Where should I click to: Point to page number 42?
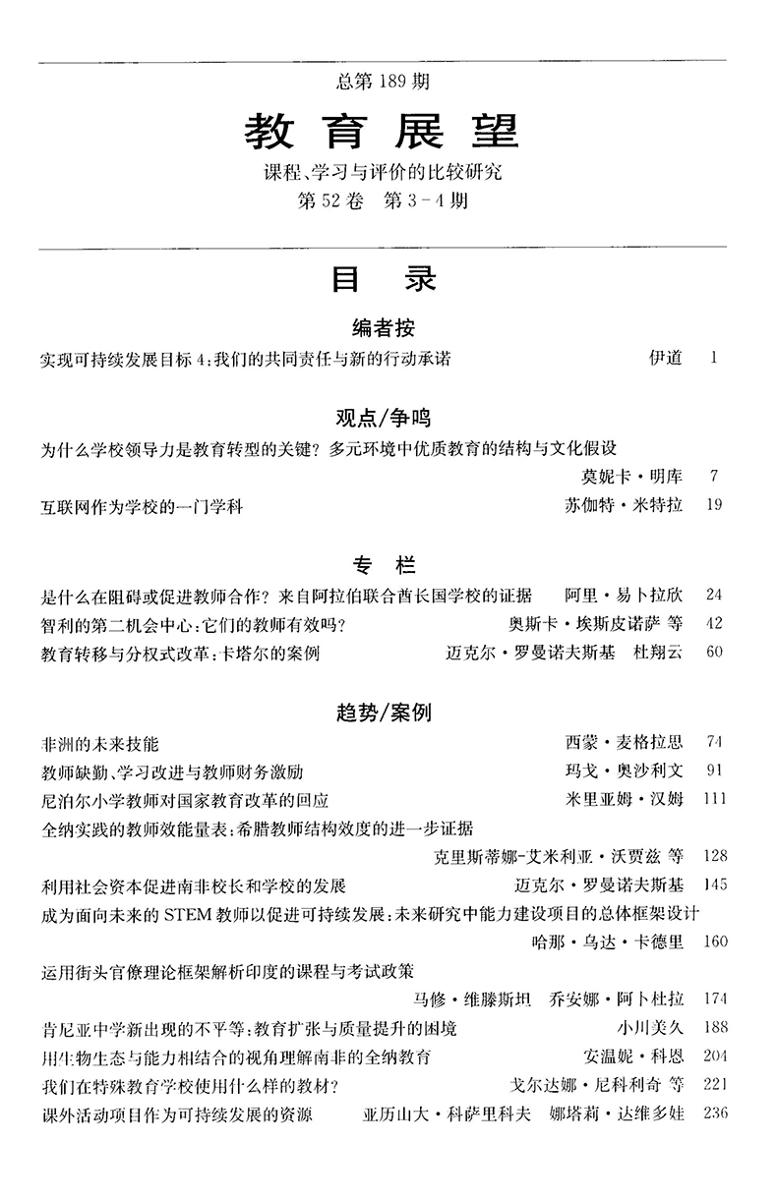(714, 623)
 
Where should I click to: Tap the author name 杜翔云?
(657, 652)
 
